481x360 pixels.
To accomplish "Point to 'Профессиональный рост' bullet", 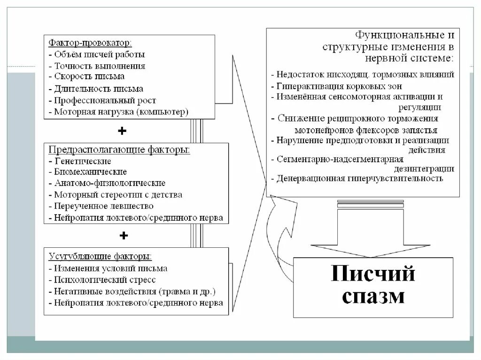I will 105,100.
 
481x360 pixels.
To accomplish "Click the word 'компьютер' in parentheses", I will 166,112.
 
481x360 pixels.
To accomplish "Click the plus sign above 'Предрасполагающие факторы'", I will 123,131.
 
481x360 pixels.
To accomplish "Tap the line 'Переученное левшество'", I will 104,206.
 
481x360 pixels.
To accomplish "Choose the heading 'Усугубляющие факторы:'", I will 100,256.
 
